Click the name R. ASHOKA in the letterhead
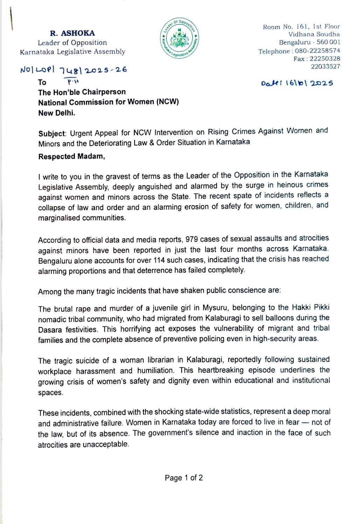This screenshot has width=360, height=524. (72, 33)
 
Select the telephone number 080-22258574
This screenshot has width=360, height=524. (317, 51)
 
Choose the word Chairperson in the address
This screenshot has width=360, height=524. (104, 92)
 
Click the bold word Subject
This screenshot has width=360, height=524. (52, 133)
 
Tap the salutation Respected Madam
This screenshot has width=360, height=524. (71, 156)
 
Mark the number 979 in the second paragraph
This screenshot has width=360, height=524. (192, 239)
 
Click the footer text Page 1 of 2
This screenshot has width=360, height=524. (184, 478)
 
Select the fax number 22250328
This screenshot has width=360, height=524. (325, 58)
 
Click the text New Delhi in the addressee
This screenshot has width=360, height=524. (57, 113)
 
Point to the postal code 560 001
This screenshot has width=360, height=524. (328, 42)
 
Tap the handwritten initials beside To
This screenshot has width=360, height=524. (73, 82)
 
